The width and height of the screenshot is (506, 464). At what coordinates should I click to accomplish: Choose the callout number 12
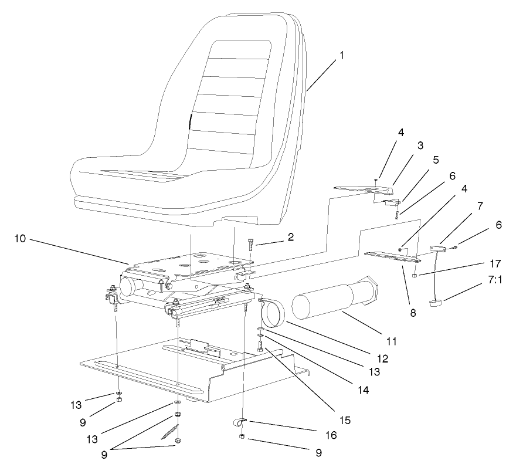click(366, 357)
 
